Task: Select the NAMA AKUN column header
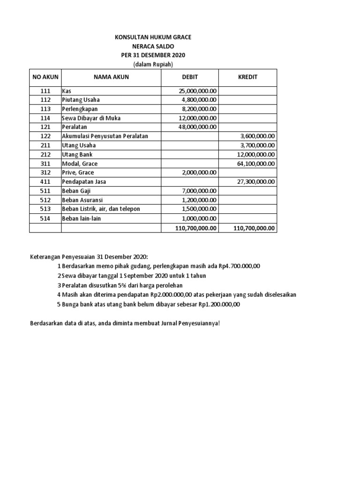point(111,77)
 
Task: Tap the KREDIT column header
point(248,77)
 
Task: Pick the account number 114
point(45,118)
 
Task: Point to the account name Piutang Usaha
point(81,99)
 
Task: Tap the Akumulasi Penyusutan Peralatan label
point(105,136)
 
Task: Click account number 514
point(45,218)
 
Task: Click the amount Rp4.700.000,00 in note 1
point(239,266)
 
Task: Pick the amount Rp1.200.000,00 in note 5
point(219,304)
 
